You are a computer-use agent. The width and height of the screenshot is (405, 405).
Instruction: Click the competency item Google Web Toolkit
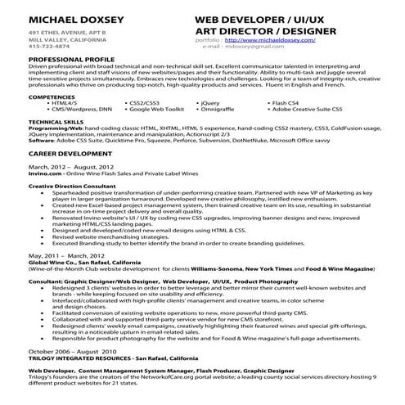(156, 108)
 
